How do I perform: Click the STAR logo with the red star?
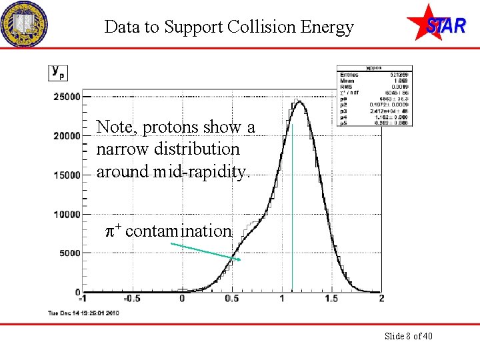[x=436, y=23]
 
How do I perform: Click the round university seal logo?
[x=24, y=24]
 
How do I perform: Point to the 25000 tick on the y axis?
[x=67, y=97]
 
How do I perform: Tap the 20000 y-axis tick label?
[x=67, y=136]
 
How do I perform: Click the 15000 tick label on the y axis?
[x=67, y=175]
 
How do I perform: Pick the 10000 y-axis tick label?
[x=67, y=215]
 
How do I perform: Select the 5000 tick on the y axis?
[x=69, y=253]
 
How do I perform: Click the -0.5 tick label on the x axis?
[x=131, y=299]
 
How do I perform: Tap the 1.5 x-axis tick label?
[x=331, y=299]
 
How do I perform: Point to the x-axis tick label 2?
[x=381, y=299]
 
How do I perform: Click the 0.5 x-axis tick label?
[x=232, y=299]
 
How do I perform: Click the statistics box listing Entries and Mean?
[x=375, y=96]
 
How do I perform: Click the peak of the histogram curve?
[x=299, y=102]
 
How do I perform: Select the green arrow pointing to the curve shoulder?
[x=205, y=251]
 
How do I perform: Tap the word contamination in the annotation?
[x=178, y=231]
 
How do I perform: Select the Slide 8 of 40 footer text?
[x=408, y=336]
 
